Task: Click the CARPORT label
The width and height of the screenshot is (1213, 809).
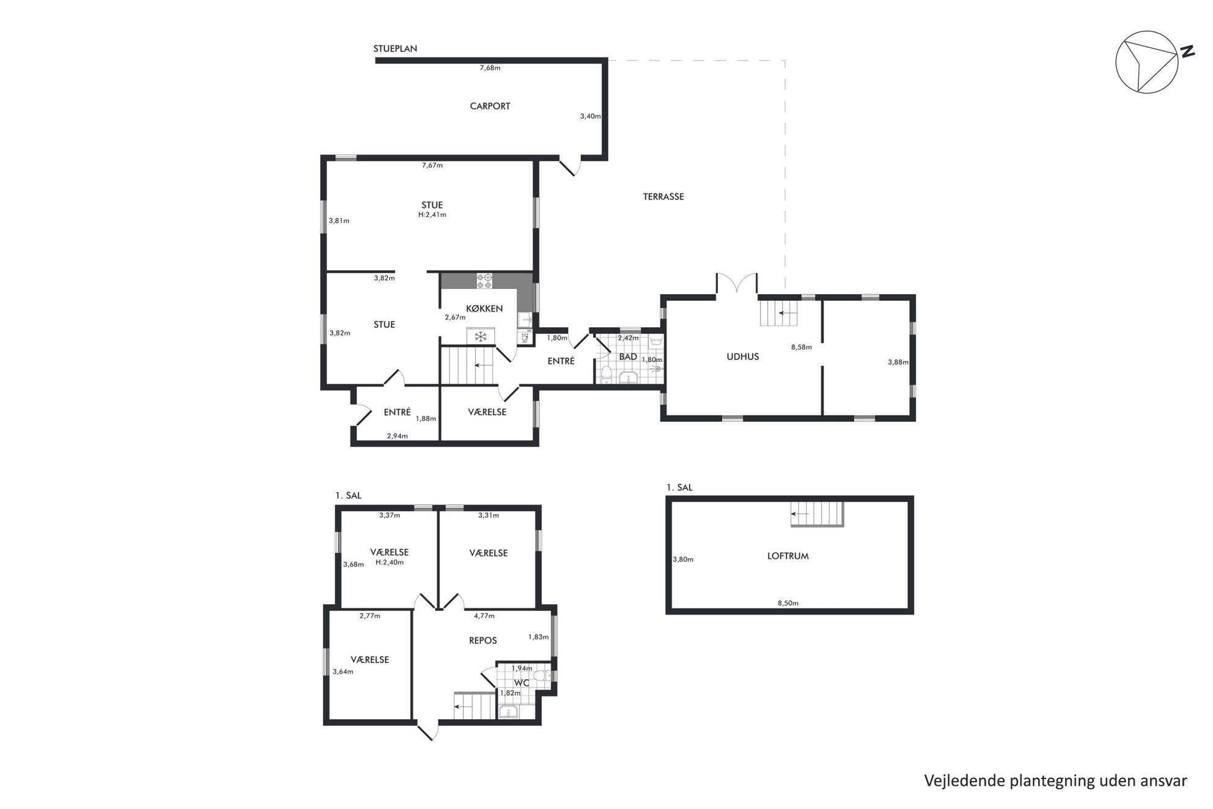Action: point(490,106)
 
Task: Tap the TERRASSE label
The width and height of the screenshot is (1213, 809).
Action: point(663,197)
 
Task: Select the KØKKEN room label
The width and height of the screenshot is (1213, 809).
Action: point(484,308)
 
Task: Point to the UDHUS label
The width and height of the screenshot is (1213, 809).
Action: point(742,356)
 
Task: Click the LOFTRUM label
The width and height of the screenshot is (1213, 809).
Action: point(788,556)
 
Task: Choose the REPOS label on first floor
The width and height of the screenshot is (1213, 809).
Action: point(482,641)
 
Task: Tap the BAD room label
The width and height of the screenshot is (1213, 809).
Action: point(628,356)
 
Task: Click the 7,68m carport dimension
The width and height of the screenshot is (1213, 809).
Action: point(490,68)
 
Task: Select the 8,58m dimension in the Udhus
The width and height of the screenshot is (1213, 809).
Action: point(801,347)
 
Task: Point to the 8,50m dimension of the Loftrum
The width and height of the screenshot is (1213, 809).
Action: point(788,603)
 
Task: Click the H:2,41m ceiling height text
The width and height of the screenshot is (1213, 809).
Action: point(432,215)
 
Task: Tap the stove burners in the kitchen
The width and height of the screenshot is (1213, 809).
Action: point(484,281)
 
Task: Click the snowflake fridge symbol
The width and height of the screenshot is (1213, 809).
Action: point(481,336)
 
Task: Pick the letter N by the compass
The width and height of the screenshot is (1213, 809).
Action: point(1187,52)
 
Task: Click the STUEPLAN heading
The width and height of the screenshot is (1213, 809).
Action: point(395,49)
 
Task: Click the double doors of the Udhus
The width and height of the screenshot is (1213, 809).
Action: point(737,284)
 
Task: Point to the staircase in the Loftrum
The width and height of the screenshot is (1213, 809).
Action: point(817,514)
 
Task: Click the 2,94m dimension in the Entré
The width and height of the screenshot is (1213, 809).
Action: point(397,436)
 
